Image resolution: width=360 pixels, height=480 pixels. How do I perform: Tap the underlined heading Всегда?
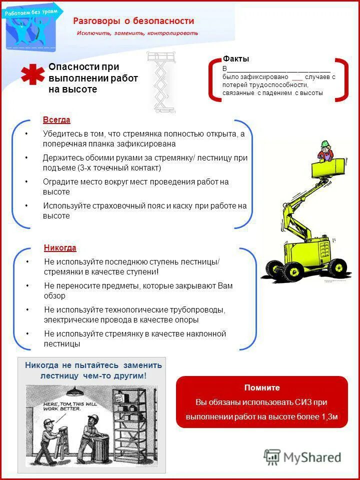[x=56, y=120]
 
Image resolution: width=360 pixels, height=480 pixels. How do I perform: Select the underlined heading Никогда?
[x=60, y=248]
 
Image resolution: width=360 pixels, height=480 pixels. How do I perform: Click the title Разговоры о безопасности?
[x=133, y=21]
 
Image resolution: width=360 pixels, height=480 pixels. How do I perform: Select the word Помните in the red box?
[x=262, y=387]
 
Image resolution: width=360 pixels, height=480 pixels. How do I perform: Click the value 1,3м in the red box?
[x=329, y=416]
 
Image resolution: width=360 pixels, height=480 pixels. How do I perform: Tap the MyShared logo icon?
[x=272, y=457]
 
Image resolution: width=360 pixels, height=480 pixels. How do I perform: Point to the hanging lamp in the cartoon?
[x=75, y=390]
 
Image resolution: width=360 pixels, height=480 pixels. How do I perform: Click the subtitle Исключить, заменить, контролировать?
[x=137, y=33]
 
